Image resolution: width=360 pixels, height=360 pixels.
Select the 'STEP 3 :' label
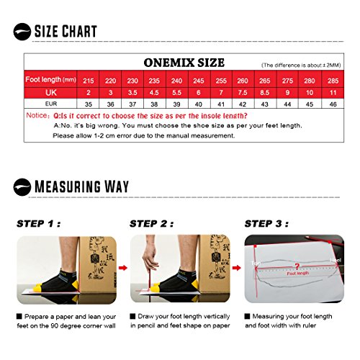coord(268,223)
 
